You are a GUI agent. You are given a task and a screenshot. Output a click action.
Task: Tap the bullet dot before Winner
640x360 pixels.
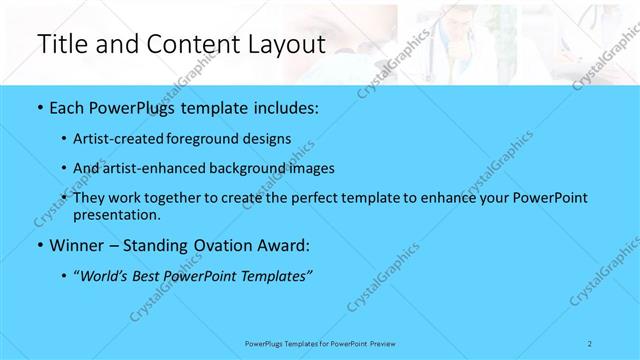(39, 245)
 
